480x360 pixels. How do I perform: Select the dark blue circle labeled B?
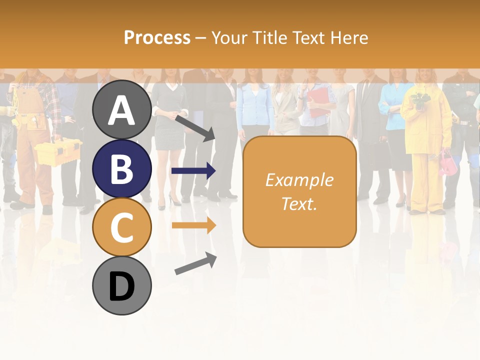coord(121,168)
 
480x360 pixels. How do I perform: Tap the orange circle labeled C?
coord(121,227)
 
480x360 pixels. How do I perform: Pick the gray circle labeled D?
coord(121,285)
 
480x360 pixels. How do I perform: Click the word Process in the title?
coord(157,37)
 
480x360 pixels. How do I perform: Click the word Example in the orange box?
coord(299,180)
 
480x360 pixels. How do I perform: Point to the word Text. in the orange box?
coord(299,203)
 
